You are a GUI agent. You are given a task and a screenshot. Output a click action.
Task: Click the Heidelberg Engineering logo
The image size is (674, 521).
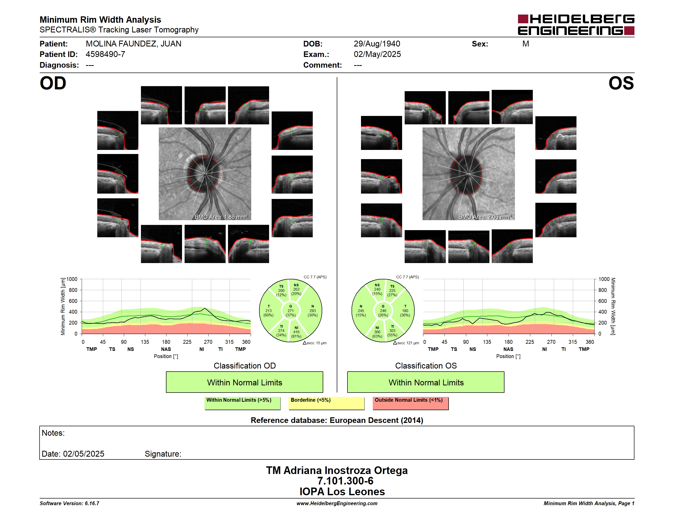tap(576, 25)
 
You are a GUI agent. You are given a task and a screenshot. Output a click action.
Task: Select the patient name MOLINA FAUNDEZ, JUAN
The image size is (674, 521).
tap(133, 44)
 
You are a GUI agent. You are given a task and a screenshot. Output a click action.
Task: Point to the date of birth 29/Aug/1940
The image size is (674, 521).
tap(377, 44)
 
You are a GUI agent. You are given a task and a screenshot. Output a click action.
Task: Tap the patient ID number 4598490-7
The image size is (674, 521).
tap(105, 54)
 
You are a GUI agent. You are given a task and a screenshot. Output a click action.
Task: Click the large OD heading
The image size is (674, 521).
tap(53, 83)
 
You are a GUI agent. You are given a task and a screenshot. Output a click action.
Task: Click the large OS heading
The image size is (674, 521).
tap(621, 83)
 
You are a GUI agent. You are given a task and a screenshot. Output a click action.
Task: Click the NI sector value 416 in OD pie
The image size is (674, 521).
tap(296, 332)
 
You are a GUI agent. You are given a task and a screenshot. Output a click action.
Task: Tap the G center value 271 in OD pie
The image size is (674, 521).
tap(290, 311)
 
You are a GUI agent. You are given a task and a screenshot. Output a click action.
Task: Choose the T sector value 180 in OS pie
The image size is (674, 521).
tap(405, 311)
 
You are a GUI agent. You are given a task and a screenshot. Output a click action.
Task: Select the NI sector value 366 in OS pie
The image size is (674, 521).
tap(377, 332)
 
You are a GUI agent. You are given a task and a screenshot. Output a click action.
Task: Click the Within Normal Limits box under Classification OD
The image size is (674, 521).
tap(244, 382)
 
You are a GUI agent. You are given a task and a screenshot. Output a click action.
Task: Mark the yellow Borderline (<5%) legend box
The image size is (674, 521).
tap(326, 403)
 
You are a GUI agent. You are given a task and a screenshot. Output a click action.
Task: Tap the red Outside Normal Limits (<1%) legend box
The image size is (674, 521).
tap(411, 403)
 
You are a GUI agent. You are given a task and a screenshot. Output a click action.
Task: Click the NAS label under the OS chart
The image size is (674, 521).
tap(508, 349)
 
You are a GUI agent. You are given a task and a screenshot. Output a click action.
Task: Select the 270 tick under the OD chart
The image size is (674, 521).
tap(208, 342)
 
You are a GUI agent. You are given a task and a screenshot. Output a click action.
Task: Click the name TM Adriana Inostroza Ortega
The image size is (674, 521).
tap(337, 470)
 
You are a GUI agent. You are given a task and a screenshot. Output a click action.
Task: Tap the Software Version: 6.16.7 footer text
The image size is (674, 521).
tap(69, 503)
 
